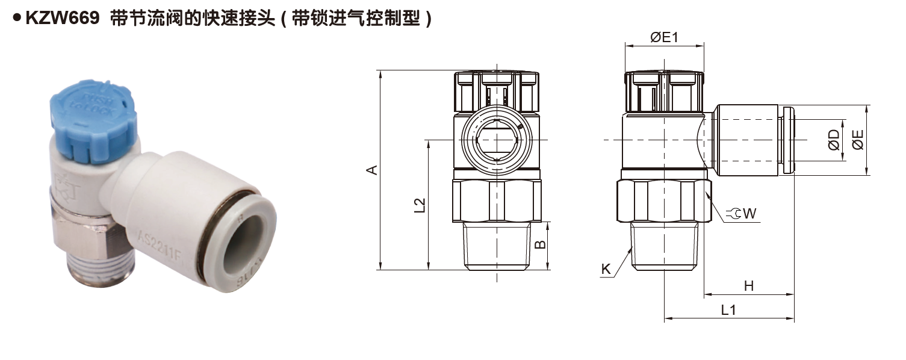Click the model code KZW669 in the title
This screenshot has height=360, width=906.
61,19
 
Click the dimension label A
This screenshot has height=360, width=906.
373,170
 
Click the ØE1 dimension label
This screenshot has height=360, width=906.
664,37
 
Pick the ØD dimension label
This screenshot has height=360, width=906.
834,140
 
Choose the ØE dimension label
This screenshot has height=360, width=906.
858,140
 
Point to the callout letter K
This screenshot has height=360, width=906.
606,269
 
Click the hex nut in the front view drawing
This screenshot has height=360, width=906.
497,201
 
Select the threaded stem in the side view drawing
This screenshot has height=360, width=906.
665,246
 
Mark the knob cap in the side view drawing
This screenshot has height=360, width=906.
664,92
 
